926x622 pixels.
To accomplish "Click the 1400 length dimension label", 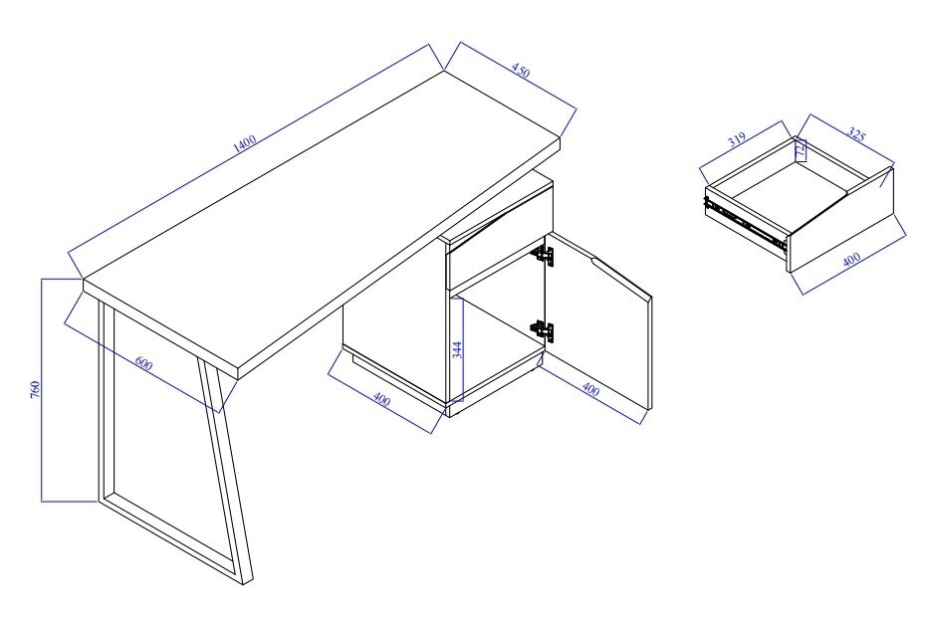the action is (x=245, y=144).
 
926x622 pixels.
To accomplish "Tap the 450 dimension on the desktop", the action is (x=521, y=71).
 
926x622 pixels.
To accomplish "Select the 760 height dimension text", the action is (x=35, y=389).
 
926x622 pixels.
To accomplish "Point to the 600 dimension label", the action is (x=143, y=363).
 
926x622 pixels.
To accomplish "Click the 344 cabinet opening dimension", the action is (x=456, y=349).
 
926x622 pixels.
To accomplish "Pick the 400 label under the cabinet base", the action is (x=382, y=400).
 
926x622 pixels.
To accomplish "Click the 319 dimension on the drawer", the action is (x=737, y=139).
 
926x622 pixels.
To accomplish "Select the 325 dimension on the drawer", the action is (x=855, y=134).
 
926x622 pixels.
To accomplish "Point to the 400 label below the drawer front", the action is (x=851, y=260).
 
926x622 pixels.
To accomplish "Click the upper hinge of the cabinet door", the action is (x=544, y=255).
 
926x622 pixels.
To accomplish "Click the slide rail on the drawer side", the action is (x=746, y=224).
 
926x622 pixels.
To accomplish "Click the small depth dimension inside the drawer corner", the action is (x=801, y=148).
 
